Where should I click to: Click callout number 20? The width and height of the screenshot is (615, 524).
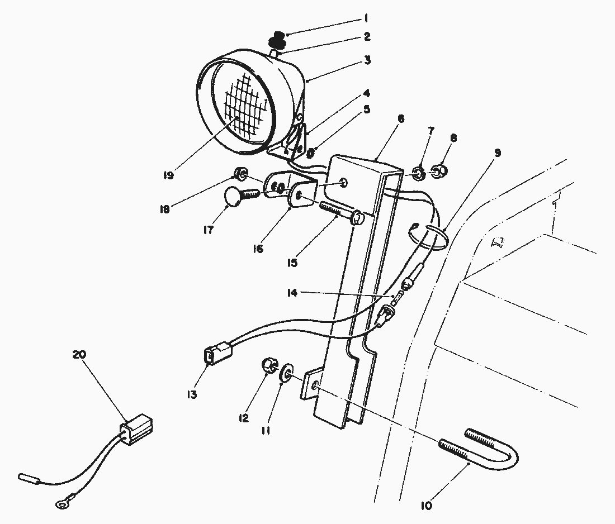(x=79, y=354)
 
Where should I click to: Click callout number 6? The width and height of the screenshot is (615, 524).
(x=400, y=118)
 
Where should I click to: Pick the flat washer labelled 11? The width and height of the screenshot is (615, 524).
(x=286, y=373)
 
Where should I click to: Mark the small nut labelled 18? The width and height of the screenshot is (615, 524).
(x=240, y=172)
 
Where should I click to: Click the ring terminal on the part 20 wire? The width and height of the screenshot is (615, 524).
(x=61, y=505)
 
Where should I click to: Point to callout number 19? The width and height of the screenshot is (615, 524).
(x=168, y=175)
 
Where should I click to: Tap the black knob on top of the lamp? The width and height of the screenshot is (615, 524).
(x=278, y=40)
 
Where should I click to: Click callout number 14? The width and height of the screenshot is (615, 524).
(x=292, y=292)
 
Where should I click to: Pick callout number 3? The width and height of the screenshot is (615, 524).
(x=367, y=60)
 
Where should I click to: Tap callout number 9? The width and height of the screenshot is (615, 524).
(x=498, y=153)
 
